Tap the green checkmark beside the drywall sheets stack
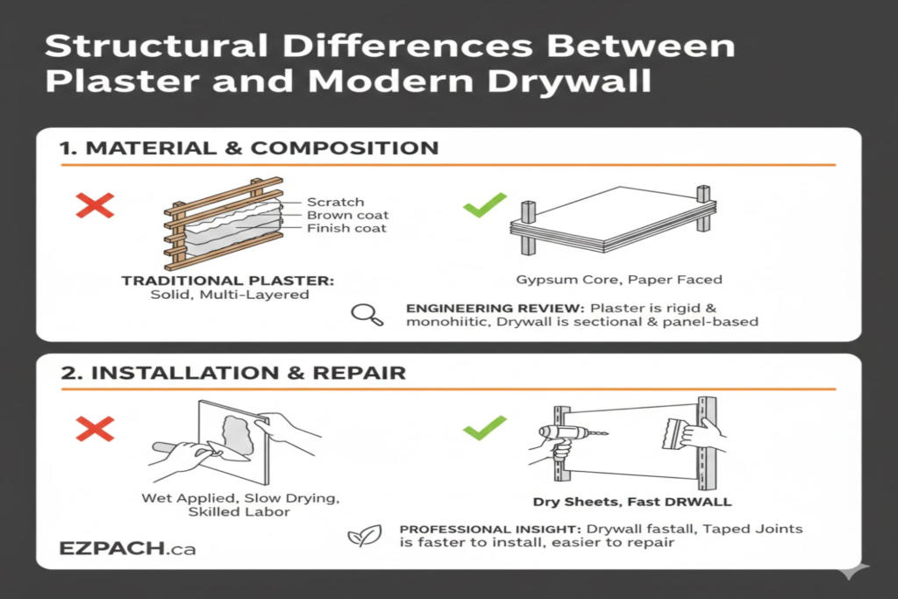pyautogui.click(x=485, y=204)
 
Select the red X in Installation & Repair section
pyautogui.click(x=96, y=429)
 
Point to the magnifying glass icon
pyautogui.click(x=367, y=315)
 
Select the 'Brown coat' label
pyautogui.click(x=347, y=215)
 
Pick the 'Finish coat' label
pyautogui.click(x=347, y=228)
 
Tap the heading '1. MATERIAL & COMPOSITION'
pyautogui.click(x=249, y=147)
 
